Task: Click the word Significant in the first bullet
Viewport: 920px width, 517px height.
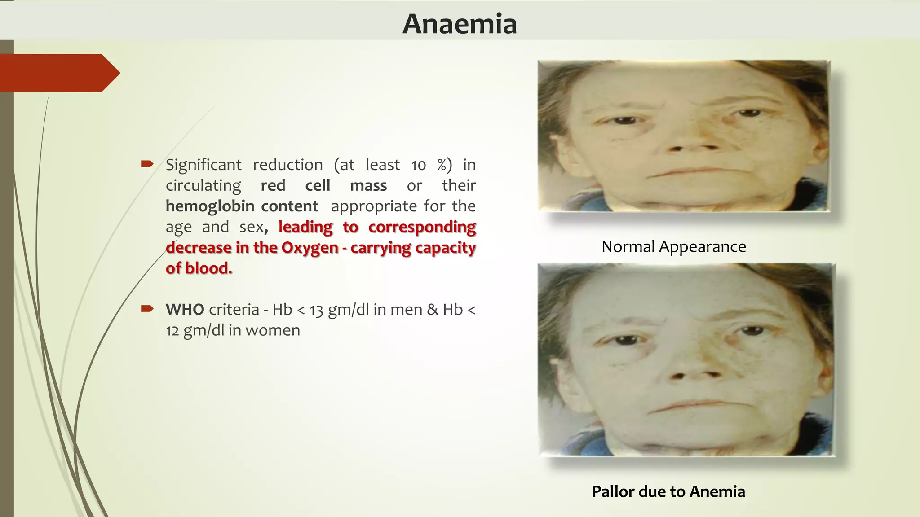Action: tap(203, 165)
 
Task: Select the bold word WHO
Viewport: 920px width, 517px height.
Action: tap(185, 309)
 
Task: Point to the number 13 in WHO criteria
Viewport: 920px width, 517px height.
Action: tap(316, 310)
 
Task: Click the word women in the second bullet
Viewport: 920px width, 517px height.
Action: tap(273, 330)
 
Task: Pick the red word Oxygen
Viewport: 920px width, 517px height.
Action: tap(310, 248)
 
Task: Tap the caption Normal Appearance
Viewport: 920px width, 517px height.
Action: tap(673, 246)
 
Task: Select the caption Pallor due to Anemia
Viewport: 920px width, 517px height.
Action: tap(668, 491)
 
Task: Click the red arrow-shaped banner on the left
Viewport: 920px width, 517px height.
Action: tap(58, 73)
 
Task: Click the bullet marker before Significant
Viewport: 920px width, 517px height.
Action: tap(147, 164)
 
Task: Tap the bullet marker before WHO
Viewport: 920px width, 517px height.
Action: tap(147, 309)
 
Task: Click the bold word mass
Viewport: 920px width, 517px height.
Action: tap(368, 185)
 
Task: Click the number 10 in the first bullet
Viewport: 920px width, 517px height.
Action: tap(418, 165)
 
